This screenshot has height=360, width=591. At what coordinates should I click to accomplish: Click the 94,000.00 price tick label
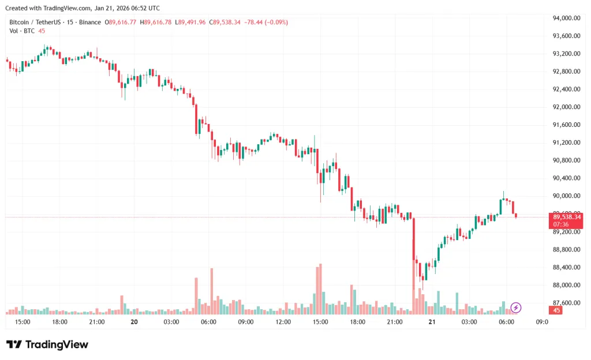click(x=566, y=18)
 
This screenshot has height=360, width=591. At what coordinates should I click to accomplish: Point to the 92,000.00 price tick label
click(x=566, y=107)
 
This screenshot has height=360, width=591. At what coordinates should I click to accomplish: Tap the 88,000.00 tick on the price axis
click(x=566, y=285)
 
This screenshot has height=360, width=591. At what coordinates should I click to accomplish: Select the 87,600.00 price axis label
click(x=566, y=303)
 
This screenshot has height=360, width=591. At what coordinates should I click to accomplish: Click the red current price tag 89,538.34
click(x=566, y=217)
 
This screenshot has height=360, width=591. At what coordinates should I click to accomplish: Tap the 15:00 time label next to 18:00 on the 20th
click(x=320, y=322)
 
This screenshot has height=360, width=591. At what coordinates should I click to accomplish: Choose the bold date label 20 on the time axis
click(x=134, y=322)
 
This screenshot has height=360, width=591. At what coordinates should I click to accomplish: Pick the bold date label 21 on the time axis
click(x=432, y=322)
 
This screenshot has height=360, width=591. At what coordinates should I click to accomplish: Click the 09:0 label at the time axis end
click(x=542, y=322)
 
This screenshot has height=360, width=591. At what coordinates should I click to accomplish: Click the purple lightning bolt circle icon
click(x=517, y=307)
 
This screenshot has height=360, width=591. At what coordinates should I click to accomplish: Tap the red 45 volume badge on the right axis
click(x=556, y=311)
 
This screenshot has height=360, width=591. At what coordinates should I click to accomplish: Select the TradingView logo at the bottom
click(x=47, y=344)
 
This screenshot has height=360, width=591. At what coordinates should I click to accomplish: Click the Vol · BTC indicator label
click(x=22, y=31)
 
